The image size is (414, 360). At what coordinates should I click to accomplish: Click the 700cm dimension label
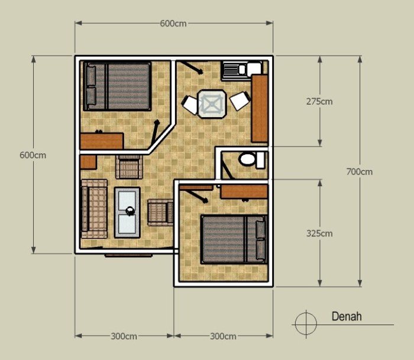(360, 172)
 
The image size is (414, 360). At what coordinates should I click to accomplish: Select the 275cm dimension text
(319, 101)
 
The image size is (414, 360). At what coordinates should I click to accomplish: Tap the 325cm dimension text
(319, 233)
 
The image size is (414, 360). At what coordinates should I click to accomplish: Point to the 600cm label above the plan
(173, 24)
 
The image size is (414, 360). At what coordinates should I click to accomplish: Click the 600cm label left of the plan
(33, 155)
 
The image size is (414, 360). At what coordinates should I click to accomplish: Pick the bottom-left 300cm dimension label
(124, 336)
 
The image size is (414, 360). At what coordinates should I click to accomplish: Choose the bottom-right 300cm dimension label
(223, 336)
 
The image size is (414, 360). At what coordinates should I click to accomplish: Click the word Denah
(347, 317)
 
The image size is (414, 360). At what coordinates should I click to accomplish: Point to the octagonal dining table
(211, 103)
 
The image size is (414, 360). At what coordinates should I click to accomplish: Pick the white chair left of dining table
(190, 105)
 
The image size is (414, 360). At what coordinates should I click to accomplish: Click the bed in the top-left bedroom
(117, 86)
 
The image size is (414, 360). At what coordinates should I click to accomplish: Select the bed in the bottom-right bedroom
(234, 239)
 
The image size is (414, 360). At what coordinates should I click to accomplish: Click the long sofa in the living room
(94, 209)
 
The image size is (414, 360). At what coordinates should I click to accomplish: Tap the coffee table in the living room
(128, 211)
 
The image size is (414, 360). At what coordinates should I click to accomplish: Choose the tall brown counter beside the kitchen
(259, 108)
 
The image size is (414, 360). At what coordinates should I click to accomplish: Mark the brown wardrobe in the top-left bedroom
(102, 141)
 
